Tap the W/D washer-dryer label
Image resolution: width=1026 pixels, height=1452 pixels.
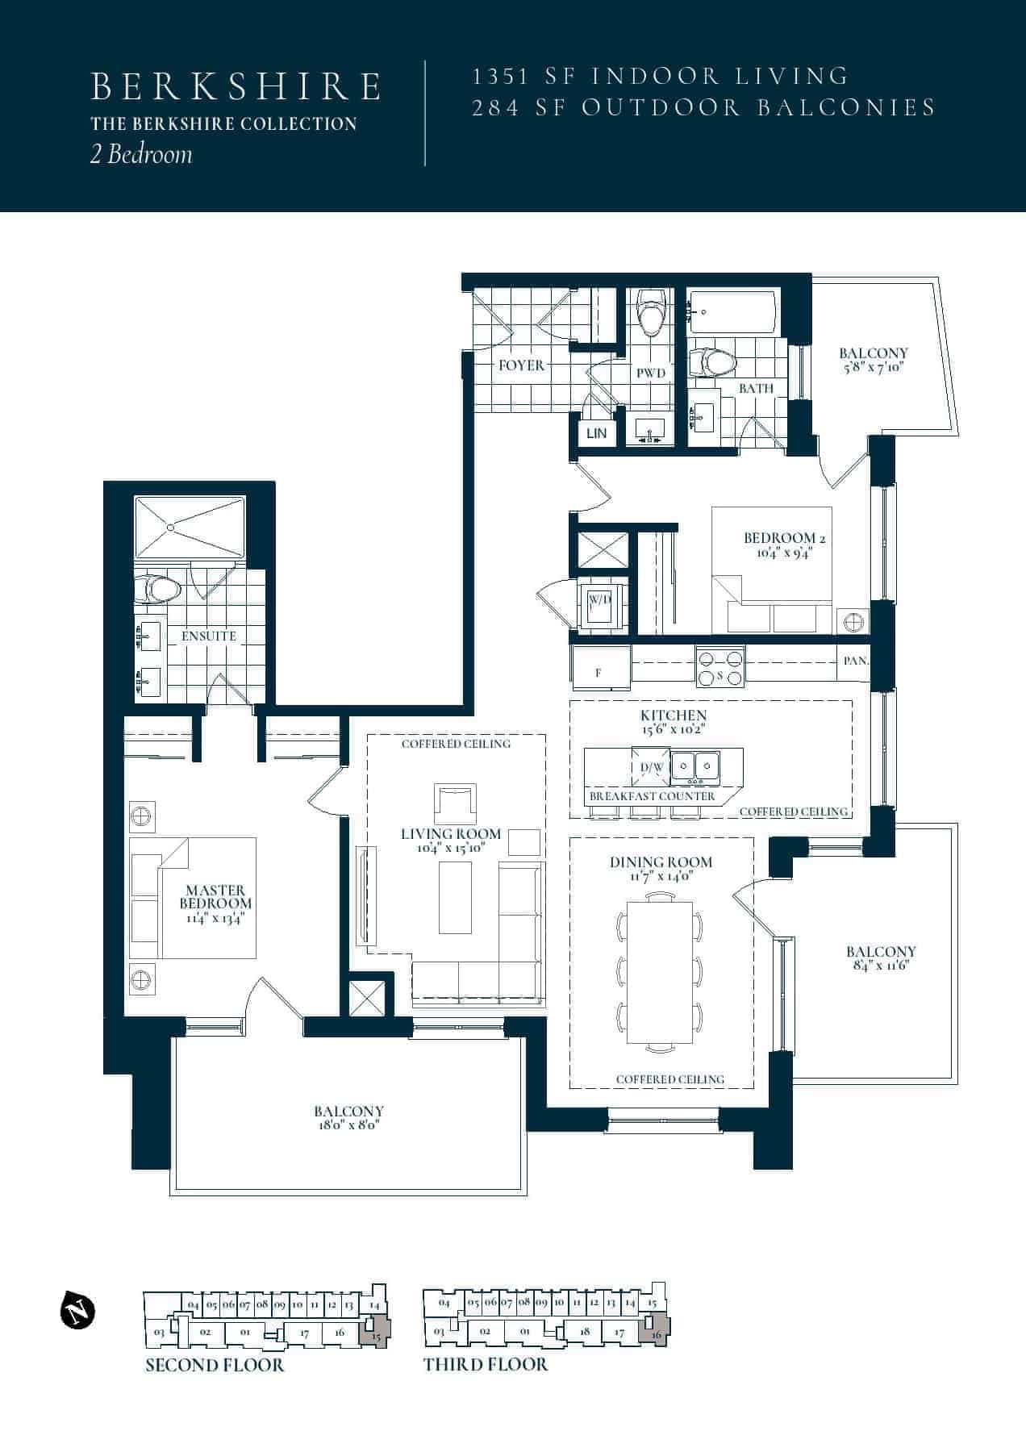click(598, 600)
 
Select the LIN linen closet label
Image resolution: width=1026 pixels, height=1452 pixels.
click(597, 433)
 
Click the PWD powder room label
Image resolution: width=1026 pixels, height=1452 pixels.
click(651, 373)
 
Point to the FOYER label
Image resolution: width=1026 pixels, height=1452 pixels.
click(521, 365)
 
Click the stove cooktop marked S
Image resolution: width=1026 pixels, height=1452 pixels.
click(720, 667)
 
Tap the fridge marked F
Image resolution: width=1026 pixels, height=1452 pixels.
click(599, 668)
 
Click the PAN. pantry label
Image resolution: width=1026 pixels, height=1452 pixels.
click(856, 661)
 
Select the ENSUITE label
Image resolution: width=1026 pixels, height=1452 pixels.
click(209, 636)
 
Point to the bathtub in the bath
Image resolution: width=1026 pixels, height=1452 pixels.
click(732, 312)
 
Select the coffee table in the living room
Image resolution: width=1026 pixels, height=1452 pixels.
click(455, 897)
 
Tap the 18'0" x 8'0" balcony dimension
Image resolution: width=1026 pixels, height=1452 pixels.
click(348, 1125)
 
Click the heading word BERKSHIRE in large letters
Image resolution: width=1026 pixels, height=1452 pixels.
click(236, 87)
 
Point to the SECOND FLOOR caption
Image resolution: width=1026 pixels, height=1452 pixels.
click(215, 1365)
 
